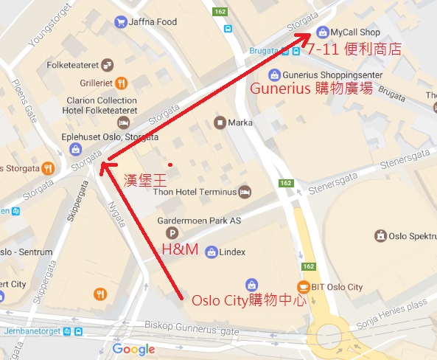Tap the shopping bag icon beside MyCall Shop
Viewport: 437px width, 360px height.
click(321, 32)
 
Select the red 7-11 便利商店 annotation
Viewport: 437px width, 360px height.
click(354, 50)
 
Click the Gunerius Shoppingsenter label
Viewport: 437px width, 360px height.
click(325, 75)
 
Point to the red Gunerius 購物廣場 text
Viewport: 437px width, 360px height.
click(312, 89)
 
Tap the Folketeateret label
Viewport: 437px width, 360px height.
click(73, 65)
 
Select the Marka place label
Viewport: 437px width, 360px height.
click(241, 122)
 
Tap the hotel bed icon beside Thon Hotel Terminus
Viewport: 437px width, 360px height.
click(245, 192)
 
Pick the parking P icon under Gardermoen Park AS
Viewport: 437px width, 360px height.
click(169, 233)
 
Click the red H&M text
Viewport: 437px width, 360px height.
click(180, 249)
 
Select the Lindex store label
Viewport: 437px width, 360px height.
click(233, 252)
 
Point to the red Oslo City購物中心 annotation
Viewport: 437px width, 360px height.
click(247, 301)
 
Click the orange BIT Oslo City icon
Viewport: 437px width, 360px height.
click(303, 286)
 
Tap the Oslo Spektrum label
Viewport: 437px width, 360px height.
click(412, 236)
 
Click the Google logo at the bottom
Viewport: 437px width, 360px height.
click(133, 349)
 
